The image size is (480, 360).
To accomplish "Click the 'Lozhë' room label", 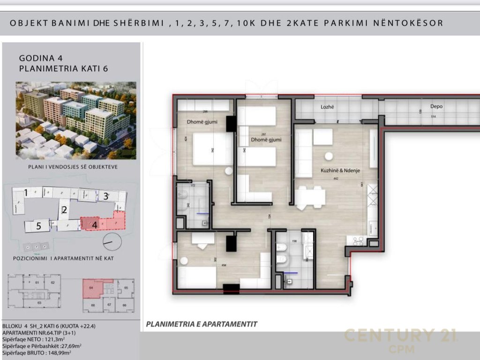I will pos(327,107).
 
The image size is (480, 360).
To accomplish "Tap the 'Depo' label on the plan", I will pos(436,106).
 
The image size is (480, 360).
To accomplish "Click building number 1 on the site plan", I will pos(26,193).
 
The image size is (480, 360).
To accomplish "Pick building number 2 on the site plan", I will pos(65,210).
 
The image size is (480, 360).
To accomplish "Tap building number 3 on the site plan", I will pos(106,196).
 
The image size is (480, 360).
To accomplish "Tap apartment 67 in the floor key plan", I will pos(109,305).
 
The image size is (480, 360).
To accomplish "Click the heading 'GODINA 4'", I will pos(41,59).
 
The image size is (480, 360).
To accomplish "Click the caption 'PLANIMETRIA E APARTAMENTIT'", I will pos(202,324).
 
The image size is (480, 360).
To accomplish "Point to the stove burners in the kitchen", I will pos(358,241).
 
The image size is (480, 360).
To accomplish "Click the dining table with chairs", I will pos(310,197).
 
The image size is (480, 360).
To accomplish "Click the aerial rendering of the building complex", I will pos(76,120).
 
